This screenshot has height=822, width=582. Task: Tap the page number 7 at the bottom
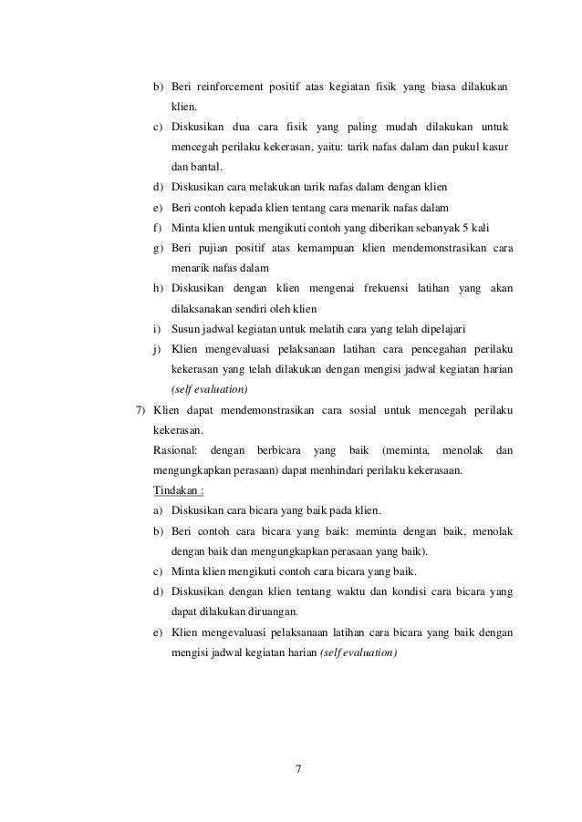300,776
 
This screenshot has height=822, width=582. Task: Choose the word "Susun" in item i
187,328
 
